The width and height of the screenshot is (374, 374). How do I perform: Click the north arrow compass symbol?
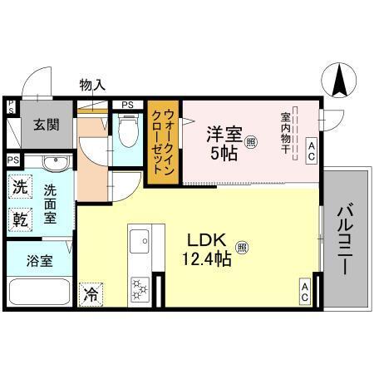tap(339, 81)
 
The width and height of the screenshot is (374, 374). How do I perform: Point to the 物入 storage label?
tap(91, 84)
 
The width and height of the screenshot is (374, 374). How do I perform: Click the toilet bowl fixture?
tap(127, 130)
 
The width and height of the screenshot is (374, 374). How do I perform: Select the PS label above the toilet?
tap(127, 105)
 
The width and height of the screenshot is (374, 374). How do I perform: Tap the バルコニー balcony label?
tap(346, 238)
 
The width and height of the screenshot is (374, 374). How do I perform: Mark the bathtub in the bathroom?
tap(39, 293)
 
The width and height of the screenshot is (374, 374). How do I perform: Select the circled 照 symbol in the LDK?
tap(242, 247)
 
